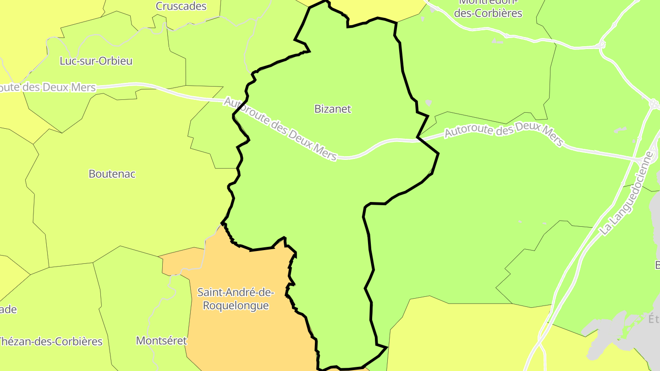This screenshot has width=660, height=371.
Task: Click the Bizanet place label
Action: tap(333, 109)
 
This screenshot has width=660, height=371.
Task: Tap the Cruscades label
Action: tap(181, 6)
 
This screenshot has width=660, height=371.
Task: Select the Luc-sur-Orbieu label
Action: tap(96, 61)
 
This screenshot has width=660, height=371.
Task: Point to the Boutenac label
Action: tap(112, 174)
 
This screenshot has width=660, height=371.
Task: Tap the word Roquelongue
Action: tap(236, 306)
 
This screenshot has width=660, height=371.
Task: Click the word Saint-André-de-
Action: tap(236, 292)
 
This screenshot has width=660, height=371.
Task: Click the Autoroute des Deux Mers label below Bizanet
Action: tap(280, 129)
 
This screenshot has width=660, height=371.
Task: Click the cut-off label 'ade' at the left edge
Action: tap(8, 310)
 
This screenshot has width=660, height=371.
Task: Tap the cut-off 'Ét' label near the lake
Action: tap(653, 318)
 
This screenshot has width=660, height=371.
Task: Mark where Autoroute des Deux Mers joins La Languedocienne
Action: tap(642, 160)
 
